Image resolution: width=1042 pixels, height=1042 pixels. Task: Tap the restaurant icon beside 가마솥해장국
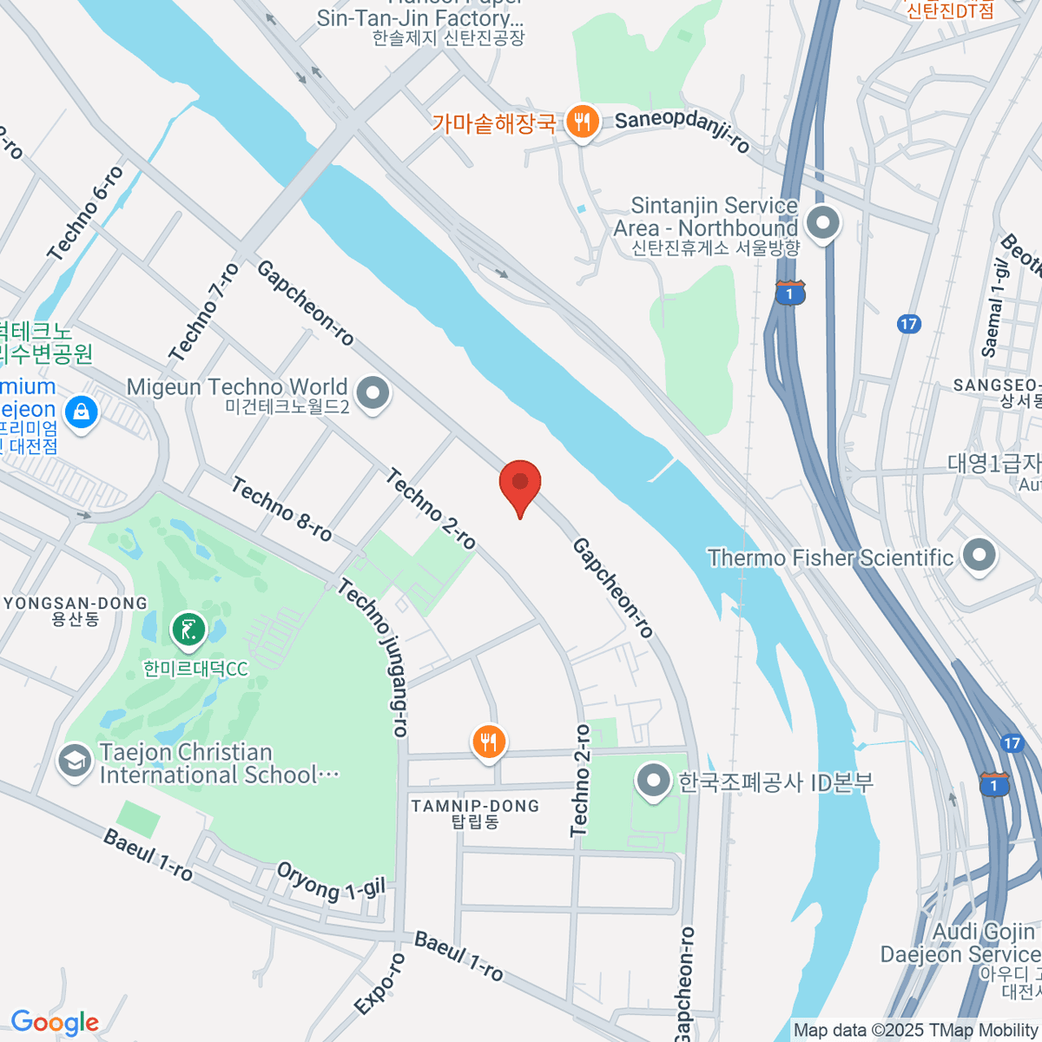pyautogui.click(x=581, y=122)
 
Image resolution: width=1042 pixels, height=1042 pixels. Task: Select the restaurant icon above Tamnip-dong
pyautogui.click(x=489, y=742)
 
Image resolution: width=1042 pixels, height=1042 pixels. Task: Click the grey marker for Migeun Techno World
pyautogui.click(x=373, y=392)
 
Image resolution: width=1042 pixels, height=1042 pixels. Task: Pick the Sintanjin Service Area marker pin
pyautogui.click(x=822, y=222)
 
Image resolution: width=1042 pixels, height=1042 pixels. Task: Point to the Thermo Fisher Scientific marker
pyautogui.click(x=979, y=557)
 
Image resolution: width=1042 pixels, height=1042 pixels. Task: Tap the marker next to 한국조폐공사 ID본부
pyautogui.click(x=652, y=781)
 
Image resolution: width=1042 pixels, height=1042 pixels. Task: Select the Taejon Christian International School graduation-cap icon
pyautogui.click(x=75, y=762)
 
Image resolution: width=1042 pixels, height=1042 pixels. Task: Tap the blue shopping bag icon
pyautogui.click(x=81, y=411)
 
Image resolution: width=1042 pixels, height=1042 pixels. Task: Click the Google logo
pyautogui.click(x=55, y=1022)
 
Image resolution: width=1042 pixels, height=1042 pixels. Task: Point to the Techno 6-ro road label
pyautogui.click(x=86, y=214)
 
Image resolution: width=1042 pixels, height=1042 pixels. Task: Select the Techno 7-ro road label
pyautogui.click(x=205, y=313)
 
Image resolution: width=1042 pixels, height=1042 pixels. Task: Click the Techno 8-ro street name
pyautogui.click(x=281, y=509)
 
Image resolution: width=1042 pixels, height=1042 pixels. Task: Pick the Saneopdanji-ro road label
pyautogui.click(x=683, y=131)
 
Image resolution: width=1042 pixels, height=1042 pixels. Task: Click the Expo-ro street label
pyautogui.click(x=380, y=984)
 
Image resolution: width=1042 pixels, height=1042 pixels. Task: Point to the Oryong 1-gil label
pyautogui.click(x=330, y=881)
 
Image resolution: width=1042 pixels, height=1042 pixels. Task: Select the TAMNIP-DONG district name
pyautogui.click(x=475, y=806)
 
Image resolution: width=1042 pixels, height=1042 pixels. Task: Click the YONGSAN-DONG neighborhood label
pyautogui.click(x=76, y=603)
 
